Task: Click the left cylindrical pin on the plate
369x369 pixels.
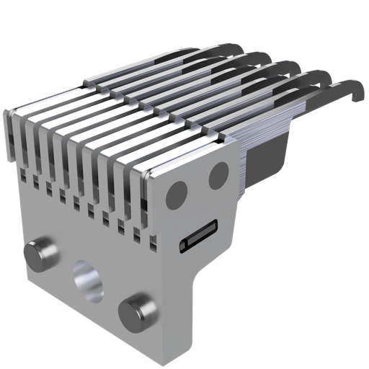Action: pos(41,254)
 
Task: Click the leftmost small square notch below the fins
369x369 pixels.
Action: pos(22,174)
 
